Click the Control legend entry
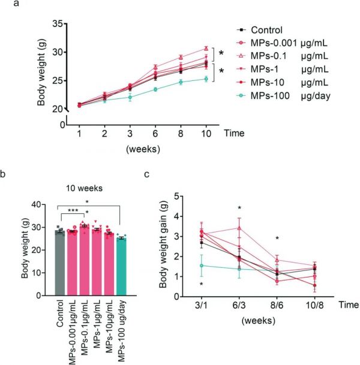pyautogui.click(x=266, y=29)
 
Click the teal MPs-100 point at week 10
pyautogui.click(x=206, y=79)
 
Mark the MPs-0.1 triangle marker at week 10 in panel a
pyautogui.click(x=206, y=49)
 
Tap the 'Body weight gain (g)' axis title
pyautogui.click(x=161, y=246)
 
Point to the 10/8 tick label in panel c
pyautogui.click(x=314, y=305)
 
